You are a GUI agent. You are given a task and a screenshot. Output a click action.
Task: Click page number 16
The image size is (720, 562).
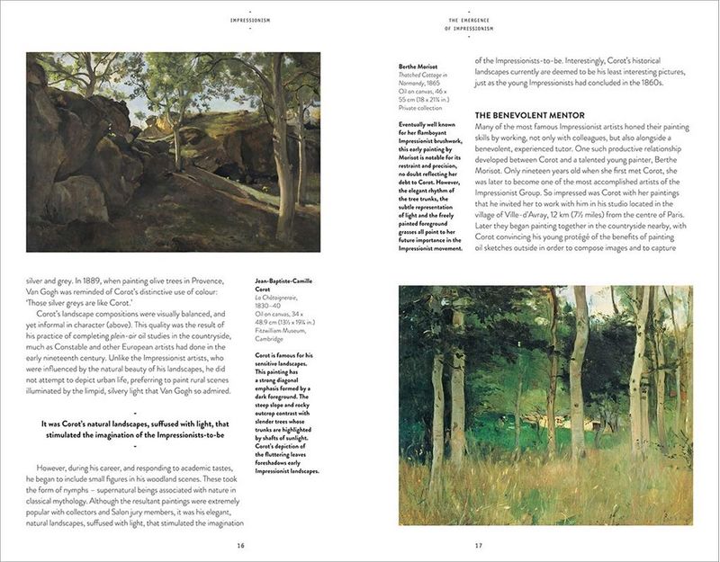pos(240,544)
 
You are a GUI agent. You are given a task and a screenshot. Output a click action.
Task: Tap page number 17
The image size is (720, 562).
pos(478,544)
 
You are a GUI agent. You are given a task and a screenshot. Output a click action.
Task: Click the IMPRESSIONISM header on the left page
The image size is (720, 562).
pos(240,19)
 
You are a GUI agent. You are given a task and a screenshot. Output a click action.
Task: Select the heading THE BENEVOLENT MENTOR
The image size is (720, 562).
pos(530,115)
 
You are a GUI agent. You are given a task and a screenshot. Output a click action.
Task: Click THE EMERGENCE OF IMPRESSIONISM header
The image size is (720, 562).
pos(478,23)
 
